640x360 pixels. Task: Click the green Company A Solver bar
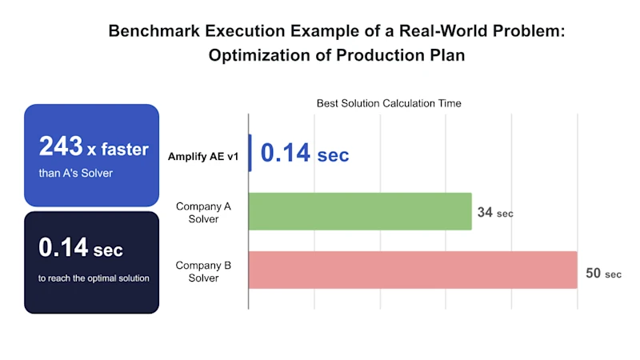pos(360,211)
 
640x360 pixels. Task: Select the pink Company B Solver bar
pos(412,270)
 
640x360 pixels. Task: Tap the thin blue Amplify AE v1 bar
pos(250,153)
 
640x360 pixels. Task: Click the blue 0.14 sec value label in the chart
pos(305,154)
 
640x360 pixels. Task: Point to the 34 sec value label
pos(494,213)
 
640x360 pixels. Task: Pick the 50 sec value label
pos(603,274)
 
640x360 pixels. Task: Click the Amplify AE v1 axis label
pos(203,156)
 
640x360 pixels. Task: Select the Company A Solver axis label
pos(203,213)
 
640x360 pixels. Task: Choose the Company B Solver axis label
pos(203,271)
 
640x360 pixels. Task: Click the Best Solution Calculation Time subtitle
pos(388,103)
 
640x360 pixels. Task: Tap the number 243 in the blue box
pos(61,146)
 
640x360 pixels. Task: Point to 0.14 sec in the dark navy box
pos(81,248)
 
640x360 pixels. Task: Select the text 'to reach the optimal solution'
pos(93,278)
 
